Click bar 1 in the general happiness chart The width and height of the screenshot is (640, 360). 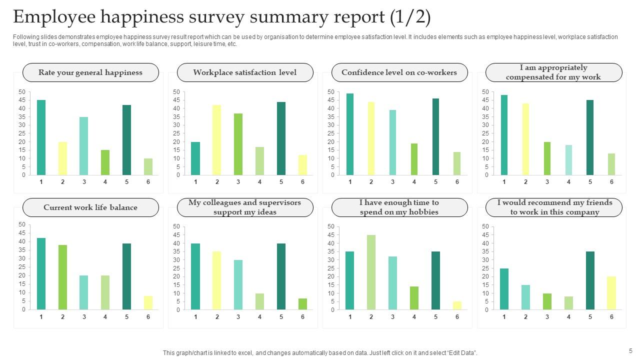pyautogui.click(x=41, y=137)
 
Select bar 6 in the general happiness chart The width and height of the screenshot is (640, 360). pyautogui.click(x=148, y=166)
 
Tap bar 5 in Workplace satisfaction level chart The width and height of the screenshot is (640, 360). pyautogui.click(x=281, y=138)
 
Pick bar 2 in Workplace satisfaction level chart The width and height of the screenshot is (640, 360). pyautogui.click(x=217, y=140)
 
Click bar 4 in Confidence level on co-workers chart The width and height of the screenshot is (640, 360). pyautogui.click(x=414, y=159)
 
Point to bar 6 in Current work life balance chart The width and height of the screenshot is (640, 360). pyautogui.click(x=148, y=302)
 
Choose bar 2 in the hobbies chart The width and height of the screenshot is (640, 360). pyautogui.click(x=371, y=272)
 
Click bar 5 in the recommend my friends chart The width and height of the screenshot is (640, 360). pyautogui.click(x=590, y=280)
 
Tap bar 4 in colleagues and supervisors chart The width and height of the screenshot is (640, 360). pyautogui.click(x=259, y=301)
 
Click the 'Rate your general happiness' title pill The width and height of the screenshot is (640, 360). pyautogui.click(x=90, y=72)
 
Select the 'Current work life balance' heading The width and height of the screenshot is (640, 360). pyautogui.click(x=90, y=207)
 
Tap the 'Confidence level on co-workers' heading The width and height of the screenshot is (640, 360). pyautogui.click(x=399, y=72)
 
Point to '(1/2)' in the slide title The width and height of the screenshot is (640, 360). pyautogui.click(x=410, y=17)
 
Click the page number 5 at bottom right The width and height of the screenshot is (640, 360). pyautogui.click(x=630, y=351)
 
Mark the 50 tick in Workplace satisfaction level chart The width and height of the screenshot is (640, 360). pyautogui.click(x=176, y=92)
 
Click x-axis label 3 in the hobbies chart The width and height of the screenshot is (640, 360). pyautogui.click(x=392, y=317)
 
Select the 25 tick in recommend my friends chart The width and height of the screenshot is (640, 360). pyautogui.click(x=484, y=268)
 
